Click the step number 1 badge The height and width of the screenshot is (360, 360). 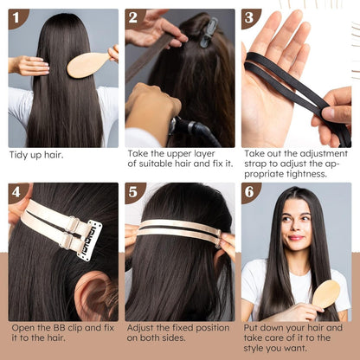point(17,18)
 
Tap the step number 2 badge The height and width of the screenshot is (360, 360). point(134,18)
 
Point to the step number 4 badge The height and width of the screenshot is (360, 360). point(17,192)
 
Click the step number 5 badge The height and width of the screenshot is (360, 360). point(134,192)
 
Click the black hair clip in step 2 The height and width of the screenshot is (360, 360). point(208,31)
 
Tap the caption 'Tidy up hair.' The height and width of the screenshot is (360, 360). point(37,155)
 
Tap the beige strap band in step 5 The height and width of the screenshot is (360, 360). point(177,229)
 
